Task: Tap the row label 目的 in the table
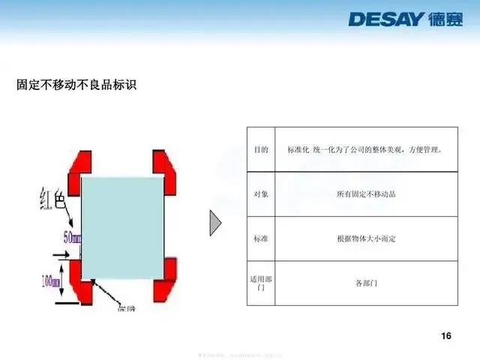click(261, 150)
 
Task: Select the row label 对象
click(261, 194)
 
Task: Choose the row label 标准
click(261, 238)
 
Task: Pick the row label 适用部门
click(261, 283)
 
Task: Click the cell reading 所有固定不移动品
click(366, 194)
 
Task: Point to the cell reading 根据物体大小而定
click(366, 238)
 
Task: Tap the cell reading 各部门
click(366, 283)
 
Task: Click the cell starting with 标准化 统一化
click(366, 150)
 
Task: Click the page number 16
click(446, 335)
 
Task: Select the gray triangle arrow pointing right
click(215, 222)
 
